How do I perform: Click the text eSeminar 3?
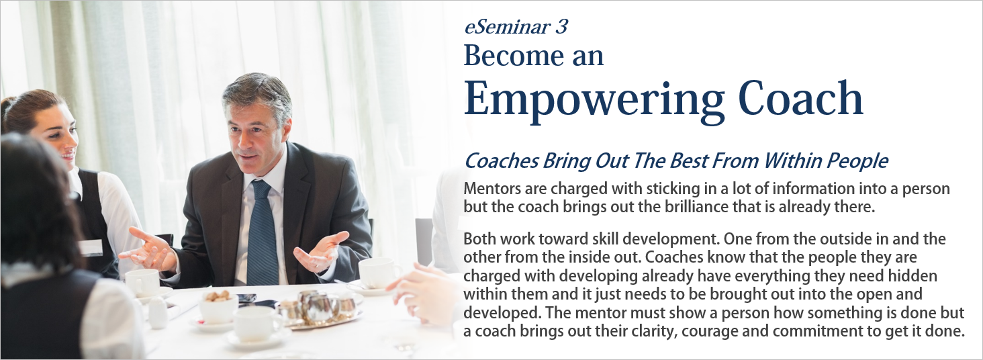pos(516,27)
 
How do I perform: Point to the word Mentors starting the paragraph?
pos(492,189)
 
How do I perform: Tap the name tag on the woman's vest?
pos(91,248)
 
